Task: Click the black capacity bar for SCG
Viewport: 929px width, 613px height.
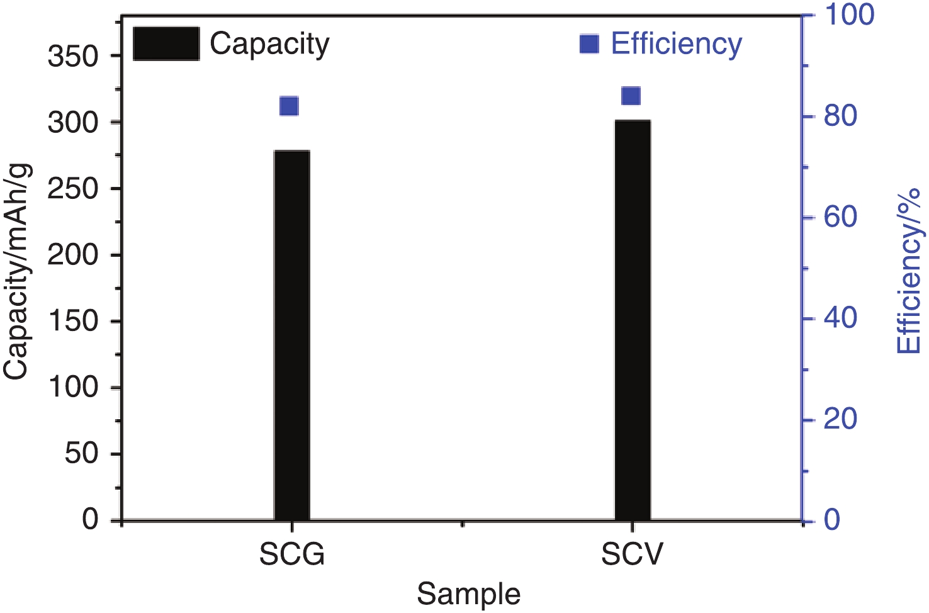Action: tap(292, 335)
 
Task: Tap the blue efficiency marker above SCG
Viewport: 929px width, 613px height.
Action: tap(289, 106)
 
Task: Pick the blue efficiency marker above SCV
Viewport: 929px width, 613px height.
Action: tap(631, 96)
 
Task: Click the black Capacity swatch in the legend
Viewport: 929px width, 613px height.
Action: tap(166, 44)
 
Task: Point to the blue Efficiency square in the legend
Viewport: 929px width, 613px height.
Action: tap(589, 44)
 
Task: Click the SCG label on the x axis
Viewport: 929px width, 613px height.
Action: tap(292, 554)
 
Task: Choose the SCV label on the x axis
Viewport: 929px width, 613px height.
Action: tap(633, 554)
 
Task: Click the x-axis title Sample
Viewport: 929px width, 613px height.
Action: tap(469, 594)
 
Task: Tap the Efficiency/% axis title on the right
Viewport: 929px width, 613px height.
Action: tap(909, 271)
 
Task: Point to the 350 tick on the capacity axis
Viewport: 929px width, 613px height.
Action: tap(74, 57)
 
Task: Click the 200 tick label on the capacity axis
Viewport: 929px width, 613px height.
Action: tap(74, 255)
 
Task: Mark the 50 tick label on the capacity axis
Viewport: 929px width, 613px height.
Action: tap(82, 453)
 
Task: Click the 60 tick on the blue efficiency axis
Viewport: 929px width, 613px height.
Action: tap(841, 217)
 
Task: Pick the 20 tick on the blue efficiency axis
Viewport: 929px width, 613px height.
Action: tap(841, 419)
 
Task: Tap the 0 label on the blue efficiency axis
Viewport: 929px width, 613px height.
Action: tap(832, 520)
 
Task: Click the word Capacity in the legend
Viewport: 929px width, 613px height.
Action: tap(269, 44)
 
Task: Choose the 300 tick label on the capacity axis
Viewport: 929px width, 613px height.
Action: tap(74, 122)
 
